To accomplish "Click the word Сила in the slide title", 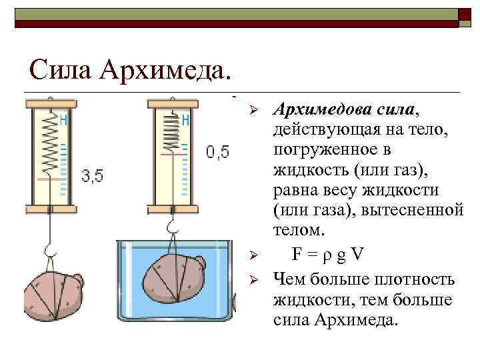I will [x=61, y=68].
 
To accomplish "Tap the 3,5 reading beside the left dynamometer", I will [x=92, y=177].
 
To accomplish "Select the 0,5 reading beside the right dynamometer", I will [x=217, y=152].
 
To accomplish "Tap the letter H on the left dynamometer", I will [x=63, y=120].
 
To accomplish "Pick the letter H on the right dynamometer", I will [x=185, y=120].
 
